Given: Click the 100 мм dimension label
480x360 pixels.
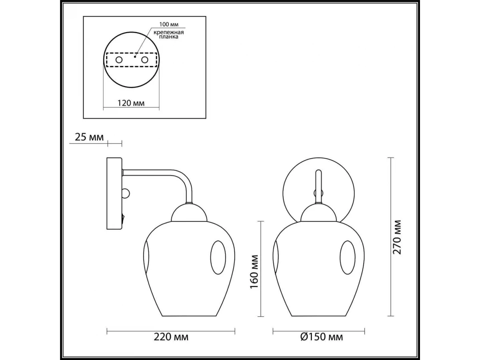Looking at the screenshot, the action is coord(169,24).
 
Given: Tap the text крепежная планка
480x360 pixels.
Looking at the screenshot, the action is coord(168,34).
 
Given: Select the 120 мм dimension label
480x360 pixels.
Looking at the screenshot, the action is coord(131,103).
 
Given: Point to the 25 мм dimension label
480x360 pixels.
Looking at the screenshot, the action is coord(89,137).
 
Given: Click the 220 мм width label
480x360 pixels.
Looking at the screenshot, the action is coord(171,337).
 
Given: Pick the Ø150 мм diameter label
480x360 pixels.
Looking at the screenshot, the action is coord(322,337).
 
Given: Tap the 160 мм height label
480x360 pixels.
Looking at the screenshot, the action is coord(254,272).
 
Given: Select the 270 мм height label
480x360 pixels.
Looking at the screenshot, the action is coord(397,237).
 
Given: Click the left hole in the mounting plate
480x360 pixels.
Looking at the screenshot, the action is coord(119,60).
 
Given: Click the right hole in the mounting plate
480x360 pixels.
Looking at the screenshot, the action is coord(145,60).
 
